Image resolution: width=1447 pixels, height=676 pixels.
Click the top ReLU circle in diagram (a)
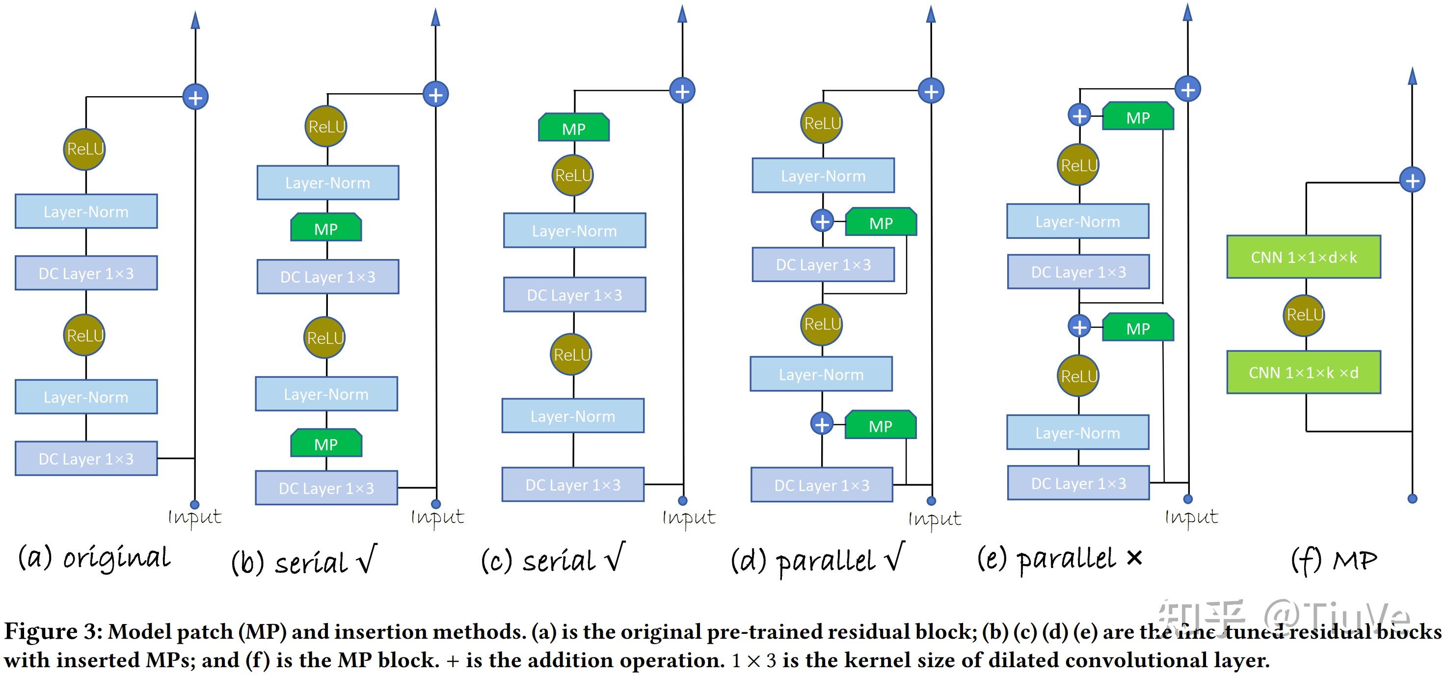(x=84, y=149)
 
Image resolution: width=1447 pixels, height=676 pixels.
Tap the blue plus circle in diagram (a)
(x=195, y=97)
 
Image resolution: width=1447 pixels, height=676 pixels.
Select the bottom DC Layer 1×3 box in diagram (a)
(x=86, y=459)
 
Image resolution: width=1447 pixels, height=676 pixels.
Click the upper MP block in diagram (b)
(x=326, y=228)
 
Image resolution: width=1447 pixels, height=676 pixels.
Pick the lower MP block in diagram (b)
(x=326, y=443)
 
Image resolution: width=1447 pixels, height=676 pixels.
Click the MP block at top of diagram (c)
(x=573, y=128)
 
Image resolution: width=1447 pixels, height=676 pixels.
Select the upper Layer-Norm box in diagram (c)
(x=574, y=230)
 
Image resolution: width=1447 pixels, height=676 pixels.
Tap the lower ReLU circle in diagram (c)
(x=571, y=354)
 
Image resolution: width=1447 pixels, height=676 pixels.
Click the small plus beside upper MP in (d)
(x=822, y=221)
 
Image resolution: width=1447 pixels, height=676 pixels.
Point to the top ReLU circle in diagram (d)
(x=822, y=123)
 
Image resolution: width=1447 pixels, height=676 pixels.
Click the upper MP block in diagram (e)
(x=1138, y=117)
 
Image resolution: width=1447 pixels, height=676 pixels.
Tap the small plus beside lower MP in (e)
(x=1079, y=327)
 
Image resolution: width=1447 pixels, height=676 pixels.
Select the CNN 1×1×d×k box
(x=1303, y=257)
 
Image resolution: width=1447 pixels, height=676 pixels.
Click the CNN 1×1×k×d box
(x=1303, y=372)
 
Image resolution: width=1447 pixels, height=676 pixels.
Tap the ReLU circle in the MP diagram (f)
(x=1304, y=315)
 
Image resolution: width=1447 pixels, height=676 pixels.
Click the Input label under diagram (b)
(x=437, y=517)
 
